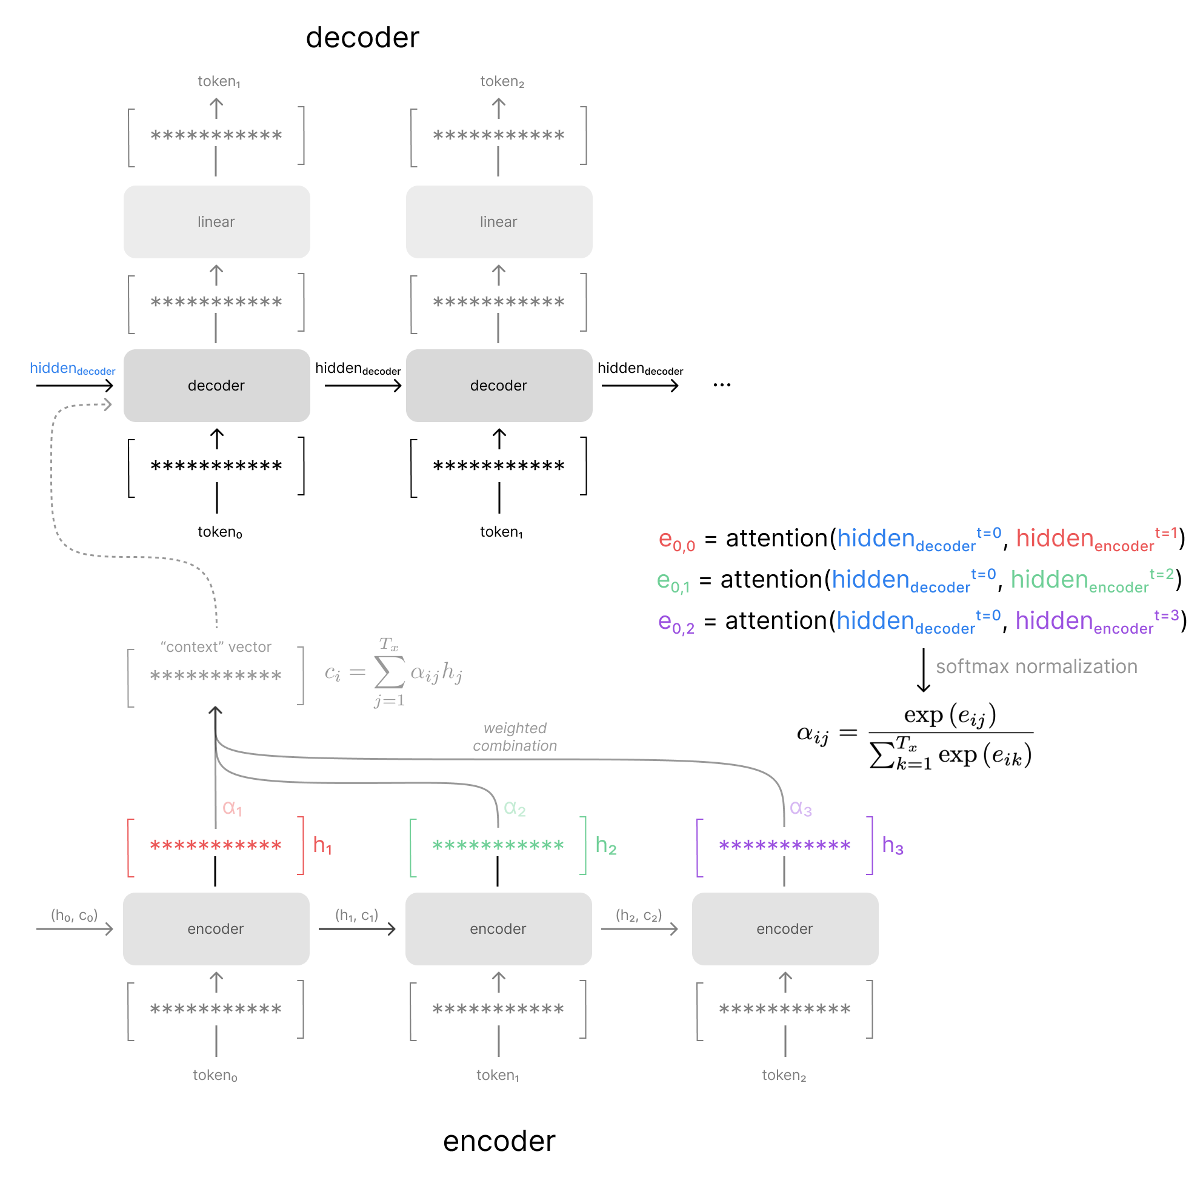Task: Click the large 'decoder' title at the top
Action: point(362,38)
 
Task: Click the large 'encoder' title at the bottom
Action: point(499,1141)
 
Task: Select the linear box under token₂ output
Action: point(499,222)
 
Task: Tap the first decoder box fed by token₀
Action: point(216,386)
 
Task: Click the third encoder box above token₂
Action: point(785,929)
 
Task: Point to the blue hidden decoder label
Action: point(72,369)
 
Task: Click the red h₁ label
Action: point(322,846)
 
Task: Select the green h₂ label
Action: point(605,846)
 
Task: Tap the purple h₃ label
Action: point(892,846)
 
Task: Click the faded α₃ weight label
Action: point(801,808)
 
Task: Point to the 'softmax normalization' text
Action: point(1036,667)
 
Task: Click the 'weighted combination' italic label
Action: point(515,737)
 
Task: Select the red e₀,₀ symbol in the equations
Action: point(676,540)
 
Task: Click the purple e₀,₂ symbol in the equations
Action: point(675,623)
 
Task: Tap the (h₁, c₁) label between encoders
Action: point(356,916)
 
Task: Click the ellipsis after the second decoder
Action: point(722,385)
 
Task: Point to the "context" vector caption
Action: point(216,647)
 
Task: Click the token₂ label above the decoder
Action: point(502,82)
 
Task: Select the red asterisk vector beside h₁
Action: point(216,846)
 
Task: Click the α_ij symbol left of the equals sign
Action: point(812,734)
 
